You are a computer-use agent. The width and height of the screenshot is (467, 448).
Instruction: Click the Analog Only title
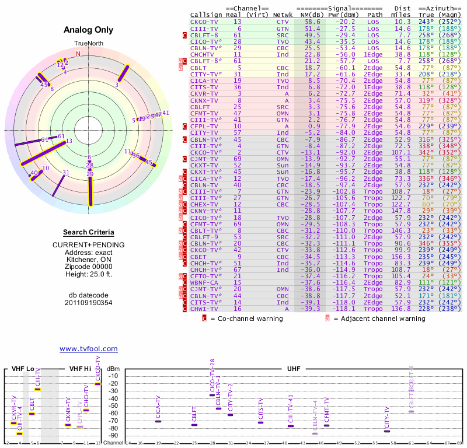88,30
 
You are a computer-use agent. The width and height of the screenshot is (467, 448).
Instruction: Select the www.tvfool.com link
88,349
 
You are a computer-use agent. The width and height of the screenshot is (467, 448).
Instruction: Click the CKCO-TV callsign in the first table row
204,22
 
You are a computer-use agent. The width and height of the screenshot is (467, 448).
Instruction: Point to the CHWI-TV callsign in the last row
204,310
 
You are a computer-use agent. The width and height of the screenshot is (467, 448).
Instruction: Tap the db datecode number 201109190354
88,302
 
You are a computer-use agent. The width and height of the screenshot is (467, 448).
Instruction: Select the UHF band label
294,369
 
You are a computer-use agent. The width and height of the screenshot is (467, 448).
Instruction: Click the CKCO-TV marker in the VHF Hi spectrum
97,383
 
